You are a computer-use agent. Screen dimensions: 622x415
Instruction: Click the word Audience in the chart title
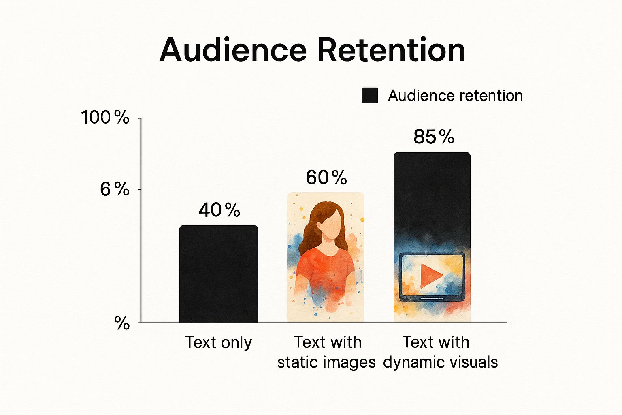click(233, 50)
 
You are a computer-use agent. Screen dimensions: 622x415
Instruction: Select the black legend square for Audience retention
click(370, 95)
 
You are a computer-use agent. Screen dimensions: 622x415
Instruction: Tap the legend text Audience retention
click(456, 96)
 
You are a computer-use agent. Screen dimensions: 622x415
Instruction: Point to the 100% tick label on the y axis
click(105, 117)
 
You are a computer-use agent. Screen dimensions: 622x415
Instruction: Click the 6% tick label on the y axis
click(115, 190)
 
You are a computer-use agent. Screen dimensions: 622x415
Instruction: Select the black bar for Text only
click(219, 274)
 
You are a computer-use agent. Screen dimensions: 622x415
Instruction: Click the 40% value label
click(219, 210)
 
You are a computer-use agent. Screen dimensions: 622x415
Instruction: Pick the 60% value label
click(326, 178)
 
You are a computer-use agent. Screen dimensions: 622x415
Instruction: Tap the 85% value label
click(434, 137)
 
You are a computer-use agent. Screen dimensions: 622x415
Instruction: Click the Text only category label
click(218, 342)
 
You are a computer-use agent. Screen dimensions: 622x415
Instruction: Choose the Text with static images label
click(326, 352)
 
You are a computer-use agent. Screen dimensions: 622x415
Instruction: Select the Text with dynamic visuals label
click(441, 352)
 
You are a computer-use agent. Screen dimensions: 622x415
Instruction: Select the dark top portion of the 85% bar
click(432, 195)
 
